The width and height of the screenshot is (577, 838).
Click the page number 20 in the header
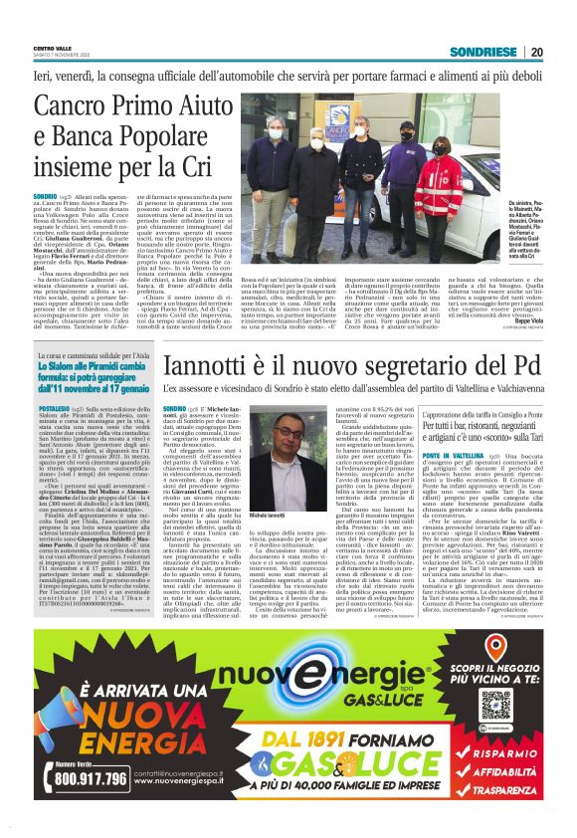pos(535,52)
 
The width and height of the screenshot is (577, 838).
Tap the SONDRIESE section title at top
pos(484,52)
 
